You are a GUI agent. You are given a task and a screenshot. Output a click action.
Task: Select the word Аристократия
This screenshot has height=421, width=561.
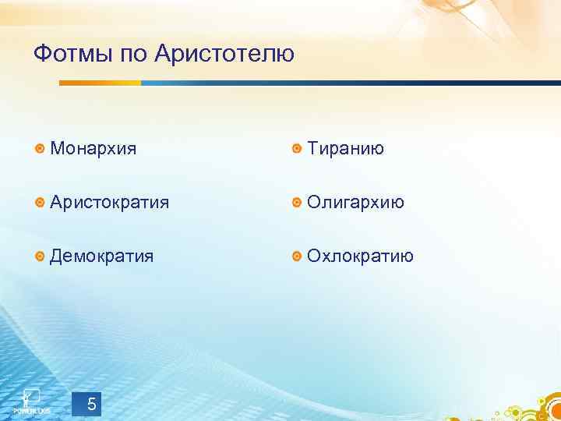tap(109, 203)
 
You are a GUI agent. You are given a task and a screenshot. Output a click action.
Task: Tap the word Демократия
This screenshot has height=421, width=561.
tap(101, 256)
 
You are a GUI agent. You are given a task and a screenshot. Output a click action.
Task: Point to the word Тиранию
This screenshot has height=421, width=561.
tap(345, 148)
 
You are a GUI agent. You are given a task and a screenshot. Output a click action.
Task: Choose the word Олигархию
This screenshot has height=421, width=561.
tap(355, 203)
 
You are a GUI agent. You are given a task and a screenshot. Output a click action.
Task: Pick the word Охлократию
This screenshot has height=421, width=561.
tap(360, 256)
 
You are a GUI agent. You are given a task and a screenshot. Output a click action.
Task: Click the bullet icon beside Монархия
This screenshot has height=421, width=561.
tap(40, 149)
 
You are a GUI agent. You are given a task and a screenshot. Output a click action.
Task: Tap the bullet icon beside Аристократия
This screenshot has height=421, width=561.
tap(40, 203)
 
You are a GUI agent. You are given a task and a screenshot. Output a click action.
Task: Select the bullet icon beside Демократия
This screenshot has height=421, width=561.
tap(40, 256)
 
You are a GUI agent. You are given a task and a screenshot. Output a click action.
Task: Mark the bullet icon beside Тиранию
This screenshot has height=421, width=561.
tap(297, 149)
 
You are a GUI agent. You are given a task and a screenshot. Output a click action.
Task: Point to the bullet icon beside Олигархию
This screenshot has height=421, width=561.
tap(297, 203)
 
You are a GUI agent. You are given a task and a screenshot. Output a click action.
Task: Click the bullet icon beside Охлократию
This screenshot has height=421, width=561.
tap(297, 256)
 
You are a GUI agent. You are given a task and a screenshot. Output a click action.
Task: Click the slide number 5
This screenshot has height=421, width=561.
tap(92, 404)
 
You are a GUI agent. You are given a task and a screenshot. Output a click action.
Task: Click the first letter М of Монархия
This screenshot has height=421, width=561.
tap(57, 148)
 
